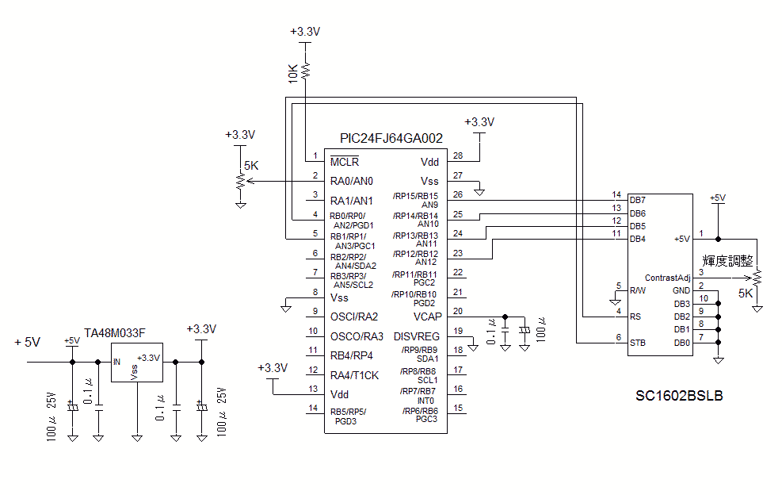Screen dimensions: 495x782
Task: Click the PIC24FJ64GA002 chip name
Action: pos(391,138)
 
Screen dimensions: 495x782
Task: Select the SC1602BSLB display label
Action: pos(680,394)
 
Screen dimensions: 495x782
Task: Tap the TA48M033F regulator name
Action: pos(115,332)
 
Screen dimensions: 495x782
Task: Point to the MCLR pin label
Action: pos(345,162)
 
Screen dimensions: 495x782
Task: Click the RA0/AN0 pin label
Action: pos(352,181)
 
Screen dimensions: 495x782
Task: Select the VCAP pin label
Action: pos(426,317)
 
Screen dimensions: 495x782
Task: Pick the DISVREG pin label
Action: pos(416,336)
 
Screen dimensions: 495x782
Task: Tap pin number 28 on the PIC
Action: pos(458,155)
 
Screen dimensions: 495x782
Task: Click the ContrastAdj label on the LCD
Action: pos(668,278)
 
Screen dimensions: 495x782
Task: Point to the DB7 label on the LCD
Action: pos(638,200)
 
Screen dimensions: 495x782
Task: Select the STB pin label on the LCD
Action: pos(638,343)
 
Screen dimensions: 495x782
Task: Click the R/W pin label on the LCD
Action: pos(638,290)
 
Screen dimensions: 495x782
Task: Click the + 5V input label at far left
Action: pos(27,342)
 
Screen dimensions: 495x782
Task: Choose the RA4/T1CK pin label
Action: pos(354,375)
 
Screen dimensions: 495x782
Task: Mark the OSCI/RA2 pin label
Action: pos(354,317)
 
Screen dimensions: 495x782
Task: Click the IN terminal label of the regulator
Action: pos(117,362)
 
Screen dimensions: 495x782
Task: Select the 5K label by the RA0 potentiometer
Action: pos(251,166)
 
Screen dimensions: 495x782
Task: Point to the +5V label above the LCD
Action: pos(717,198)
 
